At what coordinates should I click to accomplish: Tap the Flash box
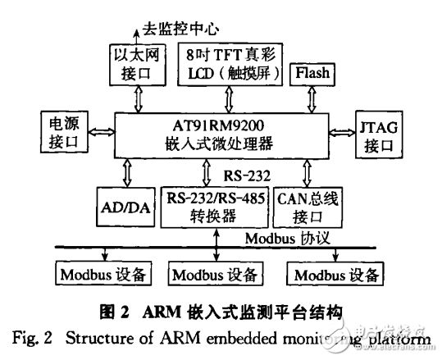tap(312, 73)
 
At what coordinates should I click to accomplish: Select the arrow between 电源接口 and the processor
tap(101, 132)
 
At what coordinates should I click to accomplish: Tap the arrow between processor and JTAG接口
tap(342, 132)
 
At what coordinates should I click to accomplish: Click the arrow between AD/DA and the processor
tap(126, 172)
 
